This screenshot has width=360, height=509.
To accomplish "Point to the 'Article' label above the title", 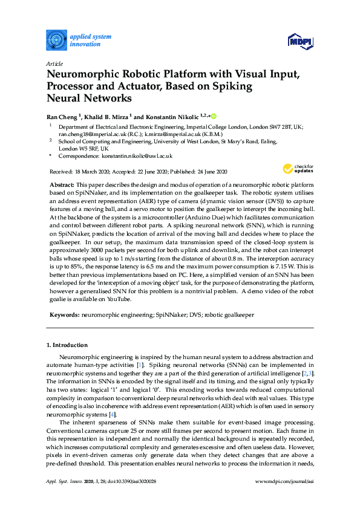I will point(54,63).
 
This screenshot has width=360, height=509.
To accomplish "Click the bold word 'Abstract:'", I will point(61,183).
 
